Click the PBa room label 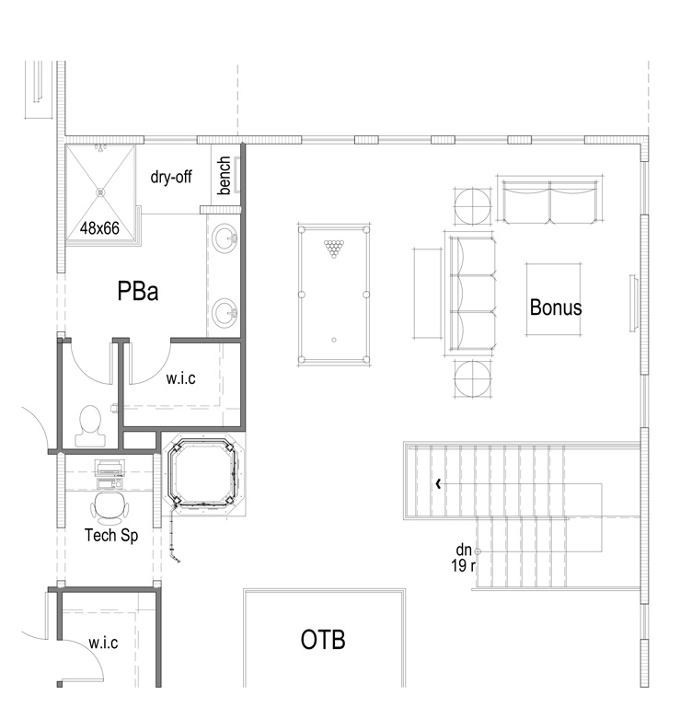(138, 291)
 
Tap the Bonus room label (556, 307)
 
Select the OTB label (323, 640)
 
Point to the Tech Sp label (111, 535)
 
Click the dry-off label (171, 177)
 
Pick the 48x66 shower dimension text (99, 228)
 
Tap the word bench (224, 176)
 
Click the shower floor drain (100, 192)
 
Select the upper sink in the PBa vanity (225, 239)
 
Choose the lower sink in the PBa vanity (225, 312)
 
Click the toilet (90, 426)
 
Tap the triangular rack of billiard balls (333, 249)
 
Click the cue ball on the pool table (334, 340)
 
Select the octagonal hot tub (205, 473)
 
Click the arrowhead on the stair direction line (438, 484)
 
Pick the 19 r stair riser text (463, 566)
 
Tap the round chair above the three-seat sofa (473, 206)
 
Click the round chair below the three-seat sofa (473, 379)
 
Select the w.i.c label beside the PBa (181, 377)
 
